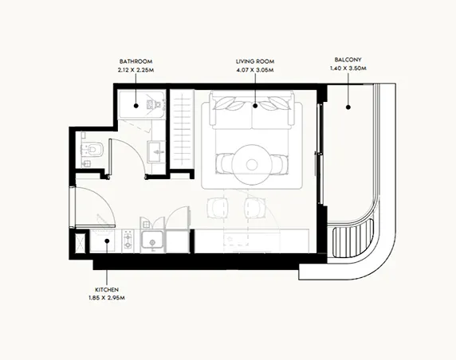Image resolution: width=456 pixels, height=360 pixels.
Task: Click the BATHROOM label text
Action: [136, 61]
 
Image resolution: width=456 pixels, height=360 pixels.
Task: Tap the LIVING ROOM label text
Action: [255, 61]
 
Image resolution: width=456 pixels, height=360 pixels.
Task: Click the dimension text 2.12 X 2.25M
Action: [136, 69]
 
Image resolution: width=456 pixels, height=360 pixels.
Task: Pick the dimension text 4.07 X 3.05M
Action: [255, 69]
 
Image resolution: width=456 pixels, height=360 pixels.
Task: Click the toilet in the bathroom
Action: [92, 149]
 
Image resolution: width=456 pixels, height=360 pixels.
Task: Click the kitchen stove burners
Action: [127, 240]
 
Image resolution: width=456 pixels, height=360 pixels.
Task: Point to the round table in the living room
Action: [253, 165]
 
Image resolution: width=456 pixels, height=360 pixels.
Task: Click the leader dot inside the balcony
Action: [348, 104]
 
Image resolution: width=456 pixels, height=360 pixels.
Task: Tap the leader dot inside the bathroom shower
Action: [136, 104]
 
